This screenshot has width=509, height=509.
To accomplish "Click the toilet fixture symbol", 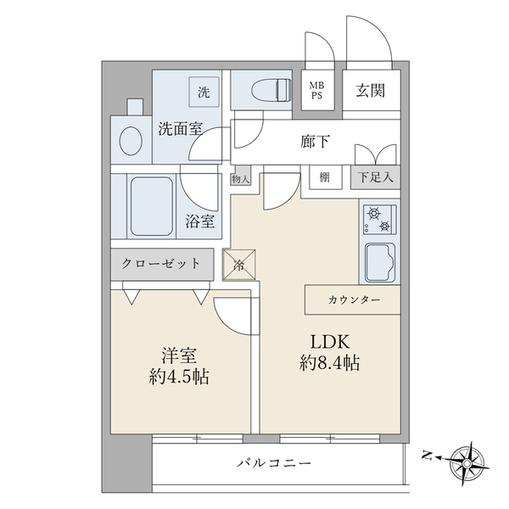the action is pyautogui.click(x=271, y=89).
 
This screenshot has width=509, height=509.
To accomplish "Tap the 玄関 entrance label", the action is pyautogui.click(x=371, y=91).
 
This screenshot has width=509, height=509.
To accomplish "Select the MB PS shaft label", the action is pyautogui.click(x=316, y=91).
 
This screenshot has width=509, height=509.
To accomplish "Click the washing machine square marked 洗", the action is pyautogui.click(x=204, y=92).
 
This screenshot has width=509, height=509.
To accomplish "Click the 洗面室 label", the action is pyautogui.click(x=181, y=129).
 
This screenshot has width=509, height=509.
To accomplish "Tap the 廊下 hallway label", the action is pyautogui.click(x=315, y=142).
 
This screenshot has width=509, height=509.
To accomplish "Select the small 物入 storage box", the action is pyautogui.click(x=241, y=176).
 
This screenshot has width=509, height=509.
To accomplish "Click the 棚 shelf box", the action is pyautogui.click(x=325, y=177).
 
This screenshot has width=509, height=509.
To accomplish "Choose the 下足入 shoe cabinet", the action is pyautogui.click(x=375, y=177).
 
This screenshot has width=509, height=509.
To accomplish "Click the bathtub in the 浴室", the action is pyautogui.click(x=152, y=206).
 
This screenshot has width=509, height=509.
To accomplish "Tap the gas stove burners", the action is pyautogui.click(x=379, y=219).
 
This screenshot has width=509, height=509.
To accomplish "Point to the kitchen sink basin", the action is pyautogui.click(x=380, y=263).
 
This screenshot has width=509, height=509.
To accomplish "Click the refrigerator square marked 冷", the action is pyautogui.click(x=239, y=265).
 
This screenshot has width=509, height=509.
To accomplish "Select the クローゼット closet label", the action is pyautogui.click(x=161, y=264).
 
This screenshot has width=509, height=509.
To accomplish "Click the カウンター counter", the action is pyautogui.click(x=353, y=299).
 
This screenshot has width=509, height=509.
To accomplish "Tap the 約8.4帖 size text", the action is pyautogui.click(x=329, y=363).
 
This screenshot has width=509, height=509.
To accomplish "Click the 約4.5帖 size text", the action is pyautogui.click(x=179, y=377).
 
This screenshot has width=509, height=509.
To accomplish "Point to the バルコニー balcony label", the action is pyautogui.click(x=274, y=462).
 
